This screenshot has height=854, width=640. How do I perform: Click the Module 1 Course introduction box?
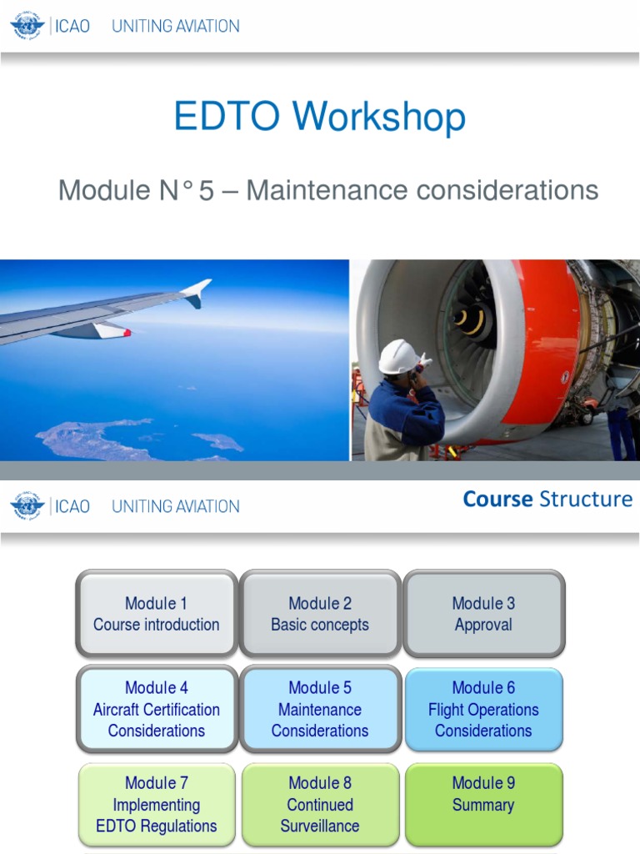(x=156, y=615)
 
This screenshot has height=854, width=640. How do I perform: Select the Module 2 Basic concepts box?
(x=320, y=615)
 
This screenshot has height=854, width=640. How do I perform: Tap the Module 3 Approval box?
(x=483, y=615)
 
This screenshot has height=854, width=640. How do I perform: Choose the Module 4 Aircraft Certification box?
(x=156, y=709)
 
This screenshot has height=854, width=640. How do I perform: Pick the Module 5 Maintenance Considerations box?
(x=320, y=709)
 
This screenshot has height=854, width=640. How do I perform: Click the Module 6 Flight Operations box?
(x=483, y=709)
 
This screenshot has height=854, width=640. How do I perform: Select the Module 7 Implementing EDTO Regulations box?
(x=156, y=805)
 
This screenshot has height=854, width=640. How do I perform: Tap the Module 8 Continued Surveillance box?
(x=320, y=805)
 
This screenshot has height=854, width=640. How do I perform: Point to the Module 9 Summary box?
(x=483, y=795)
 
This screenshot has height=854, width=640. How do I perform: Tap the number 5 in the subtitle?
(x=206, y=190)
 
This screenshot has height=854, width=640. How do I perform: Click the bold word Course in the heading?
(x=497, y=500)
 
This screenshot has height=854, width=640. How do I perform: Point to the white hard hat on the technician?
(x=398, y=356)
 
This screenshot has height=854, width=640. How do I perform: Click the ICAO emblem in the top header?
(x=27, y=26)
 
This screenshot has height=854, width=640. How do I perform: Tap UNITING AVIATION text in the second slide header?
(x=176, y=506)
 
